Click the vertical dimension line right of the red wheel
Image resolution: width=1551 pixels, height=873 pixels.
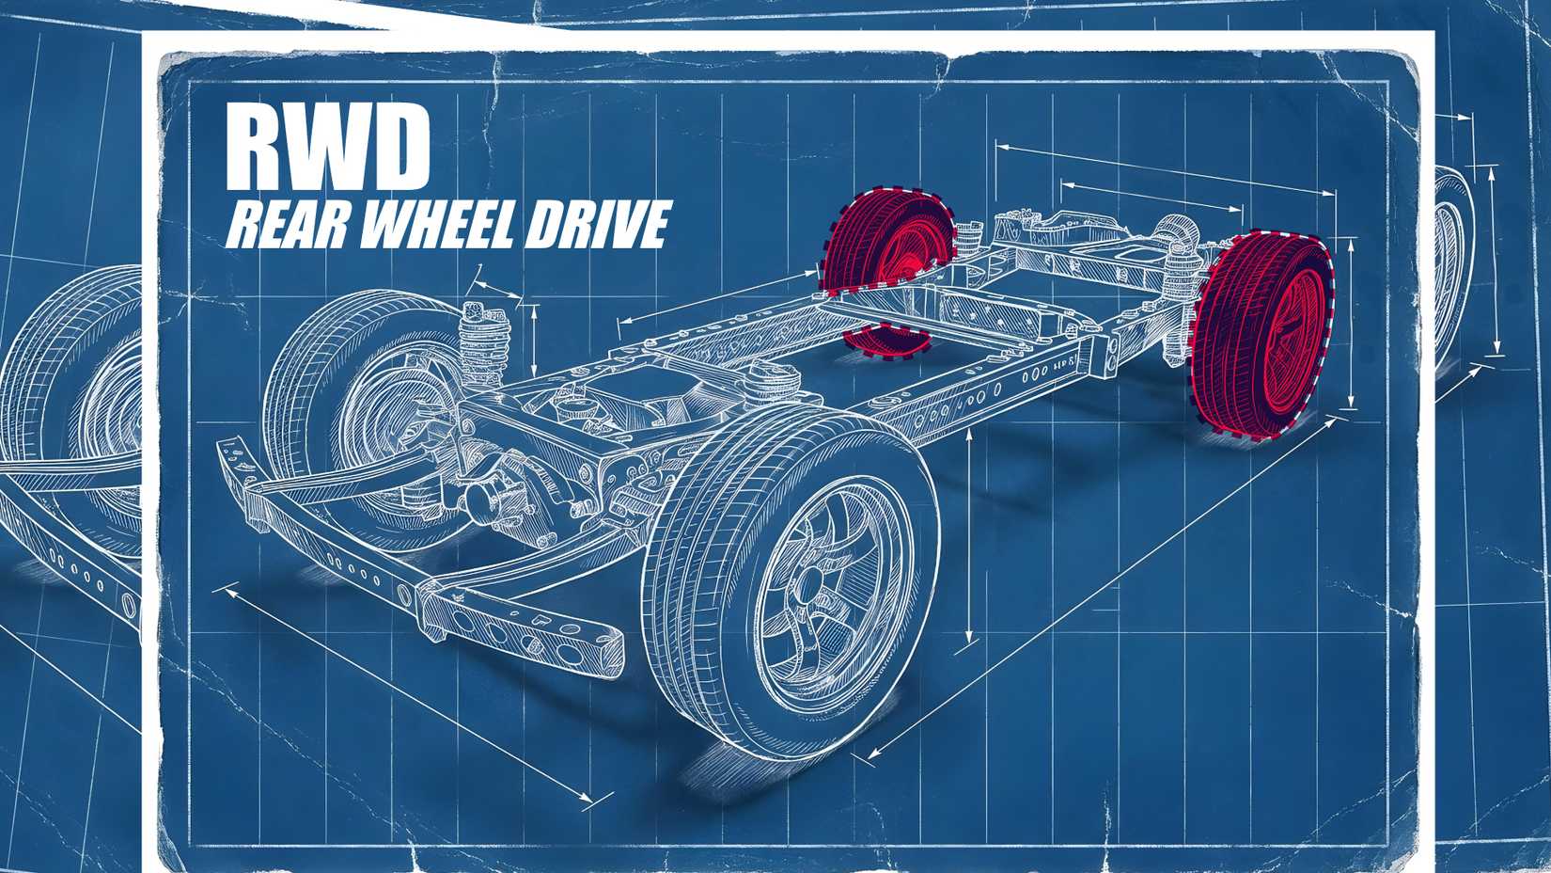[1352, 325]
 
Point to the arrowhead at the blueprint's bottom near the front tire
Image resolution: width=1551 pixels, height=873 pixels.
[870, 754]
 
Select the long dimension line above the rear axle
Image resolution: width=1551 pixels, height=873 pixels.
[1166, 169]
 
